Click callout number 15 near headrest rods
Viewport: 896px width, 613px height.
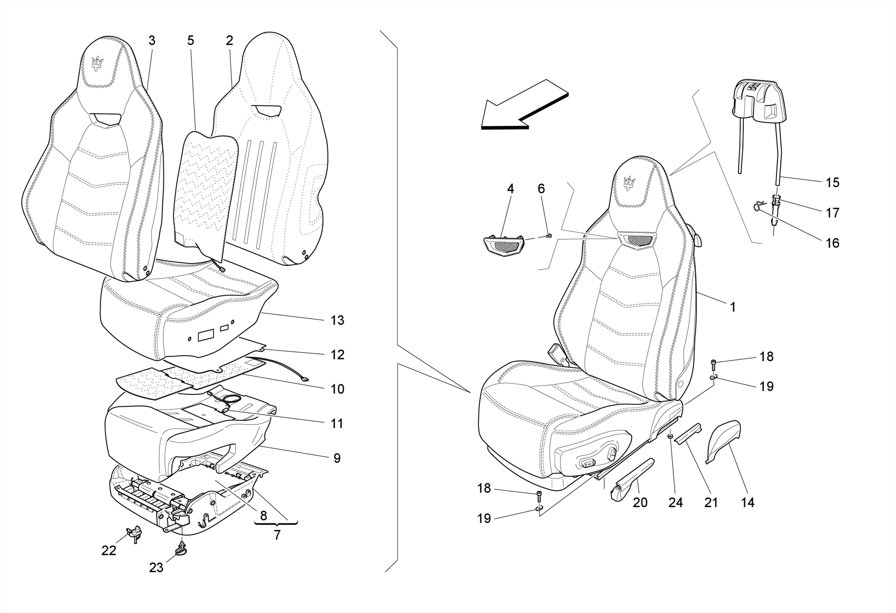[832, 183]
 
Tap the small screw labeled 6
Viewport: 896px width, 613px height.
[549, 236]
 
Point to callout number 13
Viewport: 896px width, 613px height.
[337, 320]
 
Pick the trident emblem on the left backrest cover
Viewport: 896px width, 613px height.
[97, 64]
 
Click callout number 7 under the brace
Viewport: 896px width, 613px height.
[277, 535]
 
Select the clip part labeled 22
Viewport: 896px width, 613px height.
[134, 532]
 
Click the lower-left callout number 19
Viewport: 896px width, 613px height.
[484, 519]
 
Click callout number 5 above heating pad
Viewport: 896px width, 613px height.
[190, 41]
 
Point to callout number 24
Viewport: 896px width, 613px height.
[675, 502]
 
